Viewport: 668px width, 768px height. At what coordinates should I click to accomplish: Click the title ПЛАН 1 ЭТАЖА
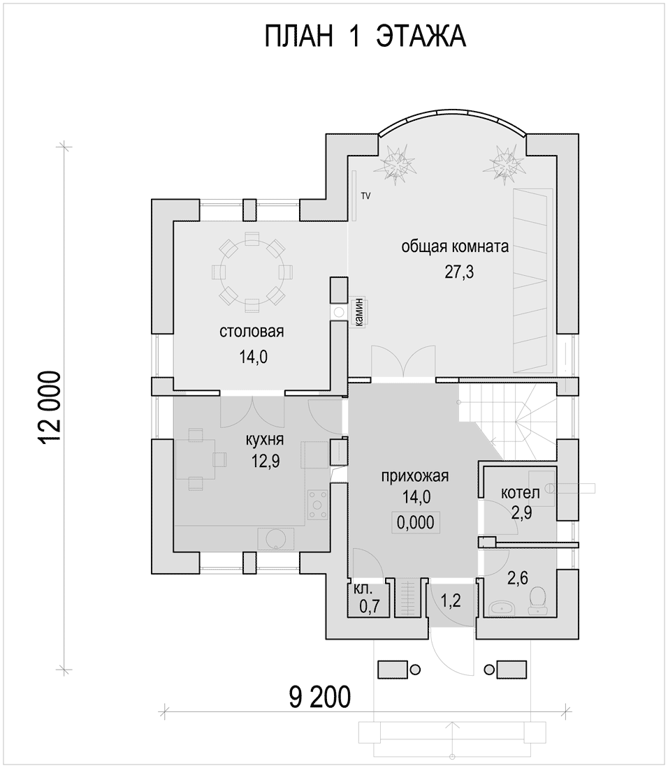pos(365,36)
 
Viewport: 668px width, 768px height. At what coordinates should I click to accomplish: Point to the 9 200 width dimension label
pos(319,696)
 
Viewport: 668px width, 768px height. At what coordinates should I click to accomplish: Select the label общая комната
pos(455,246)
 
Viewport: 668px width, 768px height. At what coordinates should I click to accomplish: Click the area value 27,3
pos(459,272)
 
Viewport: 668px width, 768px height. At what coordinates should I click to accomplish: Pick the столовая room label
pos(252,332)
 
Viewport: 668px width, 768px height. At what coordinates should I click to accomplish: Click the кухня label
pos(265,439)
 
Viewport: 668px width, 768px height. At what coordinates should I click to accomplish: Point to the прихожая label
pos(415,475)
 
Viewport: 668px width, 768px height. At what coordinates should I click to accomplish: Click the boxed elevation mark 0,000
pos(415,523)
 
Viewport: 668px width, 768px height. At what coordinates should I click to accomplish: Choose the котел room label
pos(520,492)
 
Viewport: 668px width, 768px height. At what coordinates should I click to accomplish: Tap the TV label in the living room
pos(365,196)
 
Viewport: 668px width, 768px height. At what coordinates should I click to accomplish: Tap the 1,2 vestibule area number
pos(451,600)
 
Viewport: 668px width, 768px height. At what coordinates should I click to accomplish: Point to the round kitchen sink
pos(275,539)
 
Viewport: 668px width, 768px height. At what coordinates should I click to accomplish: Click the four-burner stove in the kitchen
pos(318,504)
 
